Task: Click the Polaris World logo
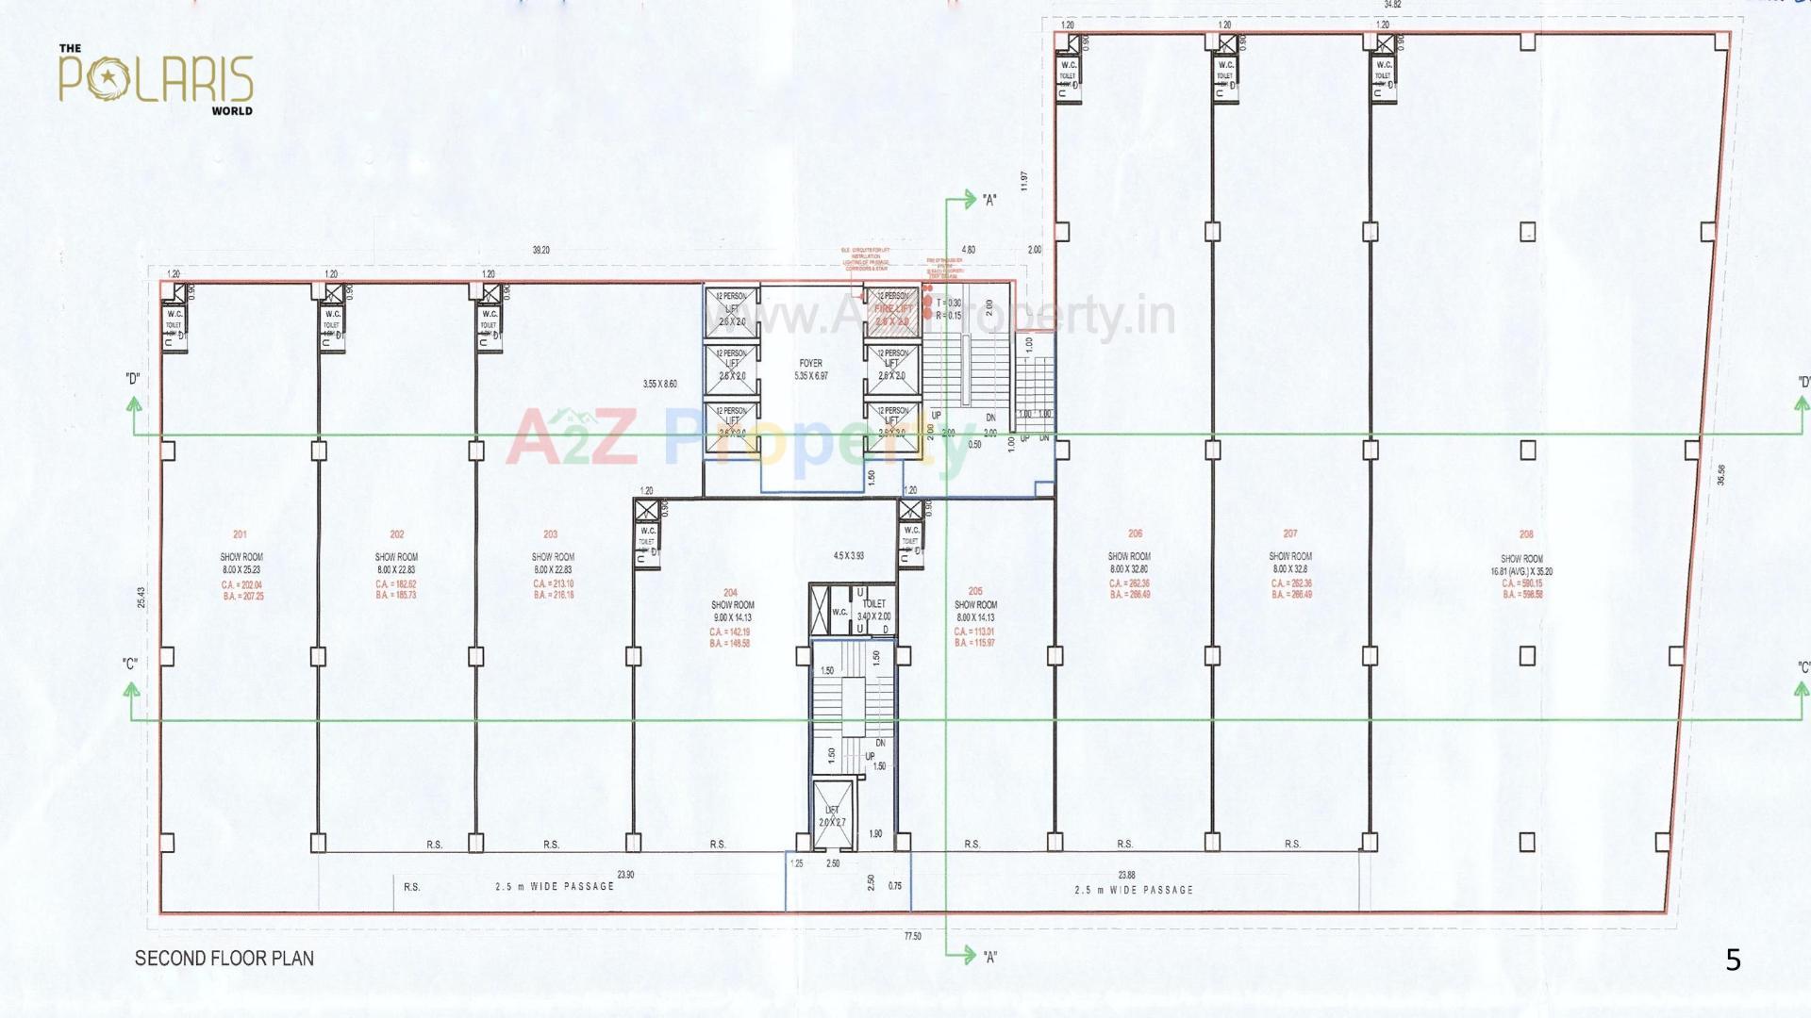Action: click(157, 79)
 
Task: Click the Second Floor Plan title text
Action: click(224, 959)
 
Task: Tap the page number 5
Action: click(1733, 961)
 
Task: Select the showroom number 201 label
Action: click(240, 534)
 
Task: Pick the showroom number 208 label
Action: click(1526, 534)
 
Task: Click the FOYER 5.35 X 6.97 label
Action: click(811, 369)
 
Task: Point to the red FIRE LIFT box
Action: click(892, 310)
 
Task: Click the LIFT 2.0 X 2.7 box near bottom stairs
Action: click(832, 816)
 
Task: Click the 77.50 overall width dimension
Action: click(912, 936)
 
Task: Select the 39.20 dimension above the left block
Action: click(540, 251)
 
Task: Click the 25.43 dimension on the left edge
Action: click(141, 598)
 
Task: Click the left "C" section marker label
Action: click(130, 665)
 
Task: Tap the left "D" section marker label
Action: click(132, 379)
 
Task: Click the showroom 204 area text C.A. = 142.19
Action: click(729, 632)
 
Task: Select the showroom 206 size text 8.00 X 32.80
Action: click(1129, 569)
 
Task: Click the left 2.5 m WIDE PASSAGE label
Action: click(555, 887)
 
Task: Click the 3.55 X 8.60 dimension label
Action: click(659, 385)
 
